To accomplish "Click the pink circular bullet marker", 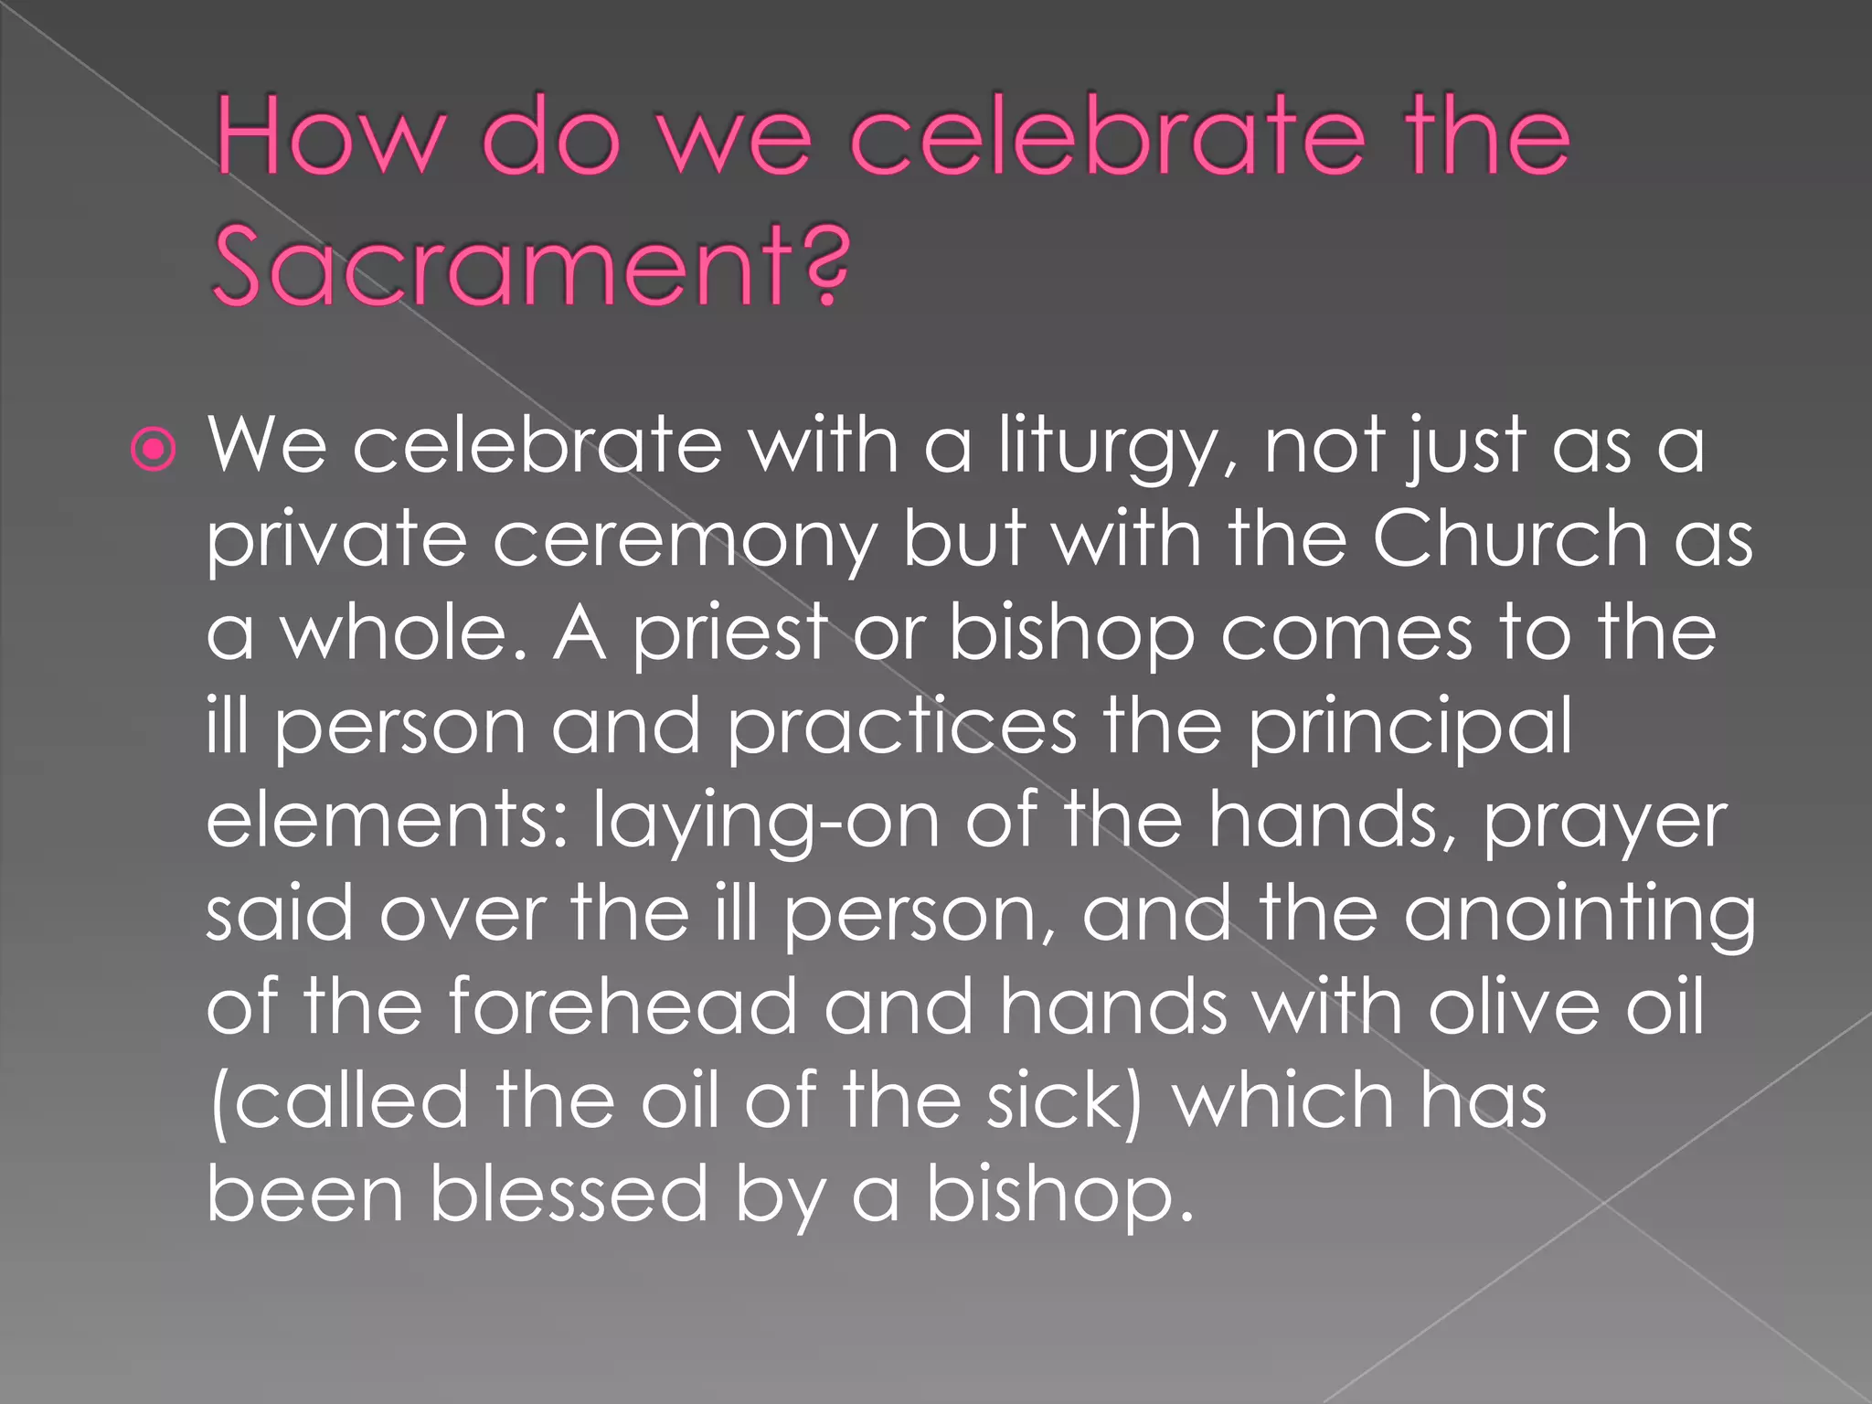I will [x=153, y=450].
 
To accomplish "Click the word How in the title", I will [x=330, y=139].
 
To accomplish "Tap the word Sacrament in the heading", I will [x=497, y=267].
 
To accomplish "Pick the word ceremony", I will [x=685, y=541].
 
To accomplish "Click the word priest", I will [x=730, y=634].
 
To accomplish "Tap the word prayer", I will [x=1604, y=823].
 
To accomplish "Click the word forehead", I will [x=622, y=1006].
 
